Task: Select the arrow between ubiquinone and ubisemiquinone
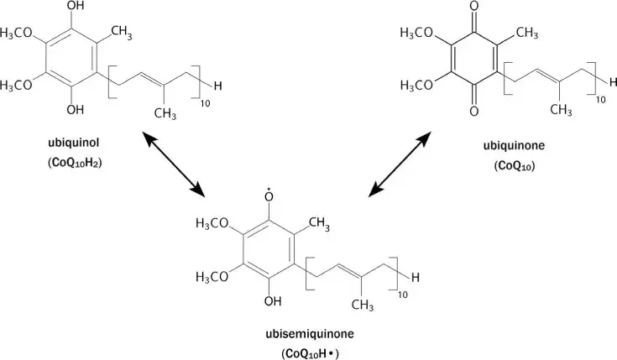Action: tap(406, 167)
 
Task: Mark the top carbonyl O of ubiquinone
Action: tap(476, 12)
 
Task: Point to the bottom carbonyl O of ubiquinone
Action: tap(476, 110)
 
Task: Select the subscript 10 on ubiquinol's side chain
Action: tap(199, 103)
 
